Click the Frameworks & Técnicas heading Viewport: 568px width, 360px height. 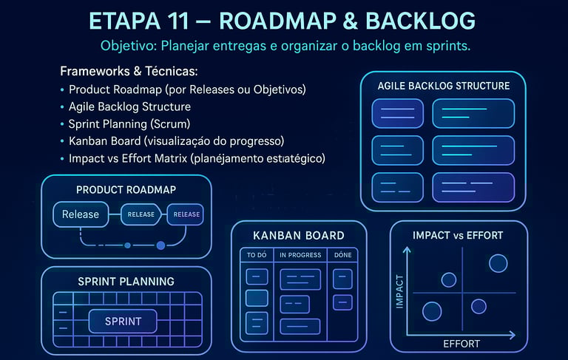tap(129, 72)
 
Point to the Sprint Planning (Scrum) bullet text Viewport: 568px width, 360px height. tap(129, 123)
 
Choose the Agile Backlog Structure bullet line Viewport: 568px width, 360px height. tap(129, 106)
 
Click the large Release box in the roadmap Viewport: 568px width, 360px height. tap(81, 214)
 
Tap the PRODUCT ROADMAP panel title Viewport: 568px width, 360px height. tap(126, 190)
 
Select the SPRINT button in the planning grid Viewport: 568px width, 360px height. tap(123, 322)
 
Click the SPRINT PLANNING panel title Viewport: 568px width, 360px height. tap(126, 282)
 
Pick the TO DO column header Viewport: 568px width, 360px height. tap(256, 255)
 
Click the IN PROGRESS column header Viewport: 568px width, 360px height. tap(300, 255)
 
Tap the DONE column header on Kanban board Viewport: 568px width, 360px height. tap(343, 255)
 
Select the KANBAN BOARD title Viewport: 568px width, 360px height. tap(299, 236)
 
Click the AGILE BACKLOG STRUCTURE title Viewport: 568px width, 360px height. tap(443, 86)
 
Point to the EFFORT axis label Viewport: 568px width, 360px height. tap(461, 344)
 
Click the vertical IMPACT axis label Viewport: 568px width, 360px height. tap(400, 291)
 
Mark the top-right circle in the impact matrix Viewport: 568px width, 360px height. tap(498, 262)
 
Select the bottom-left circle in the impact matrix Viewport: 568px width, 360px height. tap(431, 310)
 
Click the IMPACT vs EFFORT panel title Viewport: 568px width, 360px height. tap(458, 236)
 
